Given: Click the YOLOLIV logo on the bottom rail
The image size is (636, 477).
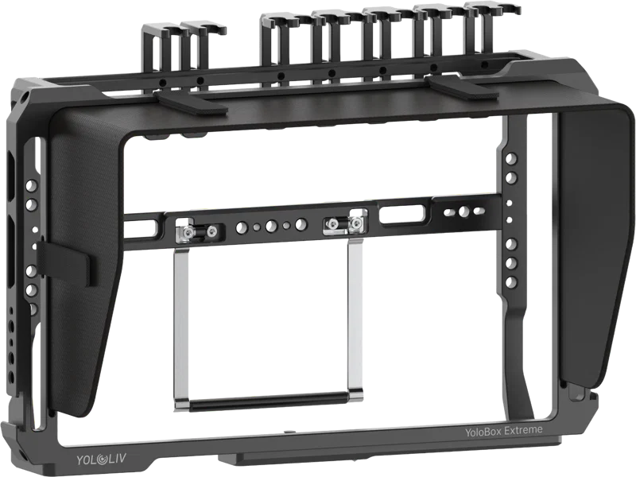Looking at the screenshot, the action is (102, 460).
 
